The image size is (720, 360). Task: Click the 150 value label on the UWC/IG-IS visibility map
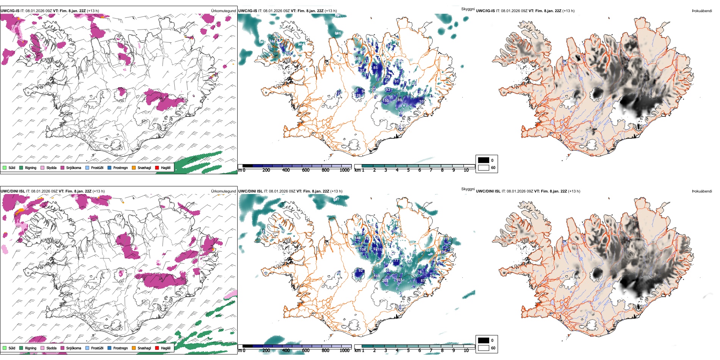[x=385, y=101]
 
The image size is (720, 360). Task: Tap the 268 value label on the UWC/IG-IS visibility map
[x=358, y=59]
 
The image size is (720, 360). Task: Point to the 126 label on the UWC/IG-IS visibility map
[x=358, y=95]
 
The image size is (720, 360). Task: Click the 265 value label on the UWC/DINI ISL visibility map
[x=385, y=281]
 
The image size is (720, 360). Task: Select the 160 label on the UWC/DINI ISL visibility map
[x=377, y=276]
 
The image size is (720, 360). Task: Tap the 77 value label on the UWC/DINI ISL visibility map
[x=396, y=261]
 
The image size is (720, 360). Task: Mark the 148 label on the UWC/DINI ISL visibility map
[x=357, y=238]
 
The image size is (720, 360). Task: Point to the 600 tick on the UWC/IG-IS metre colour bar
[x=305, y=170]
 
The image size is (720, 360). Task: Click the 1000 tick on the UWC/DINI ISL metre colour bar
[x=344, y=351]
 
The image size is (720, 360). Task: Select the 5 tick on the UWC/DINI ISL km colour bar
[x=408, y=351]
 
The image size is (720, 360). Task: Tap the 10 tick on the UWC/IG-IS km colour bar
[x=466, y=170]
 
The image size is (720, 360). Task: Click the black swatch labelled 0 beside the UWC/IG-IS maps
[x=484, y=160]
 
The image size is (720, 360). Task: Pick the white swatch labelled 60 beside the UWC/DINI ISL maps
[x=484, y=348]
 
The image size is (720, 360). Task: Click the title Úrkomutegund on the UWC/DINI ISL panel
[x=223, y=191]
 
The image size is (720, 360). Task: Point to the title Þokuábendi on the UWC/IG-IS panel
[x=702, y=11]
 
